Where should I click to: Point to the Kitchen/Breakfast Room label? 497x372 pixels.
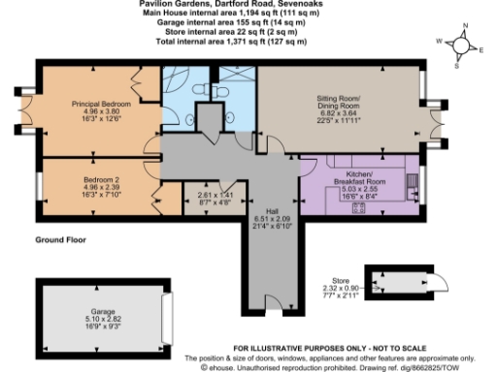tap(359, 164)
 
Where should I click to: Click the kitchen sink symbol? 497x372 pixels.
tap(414, 181)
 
